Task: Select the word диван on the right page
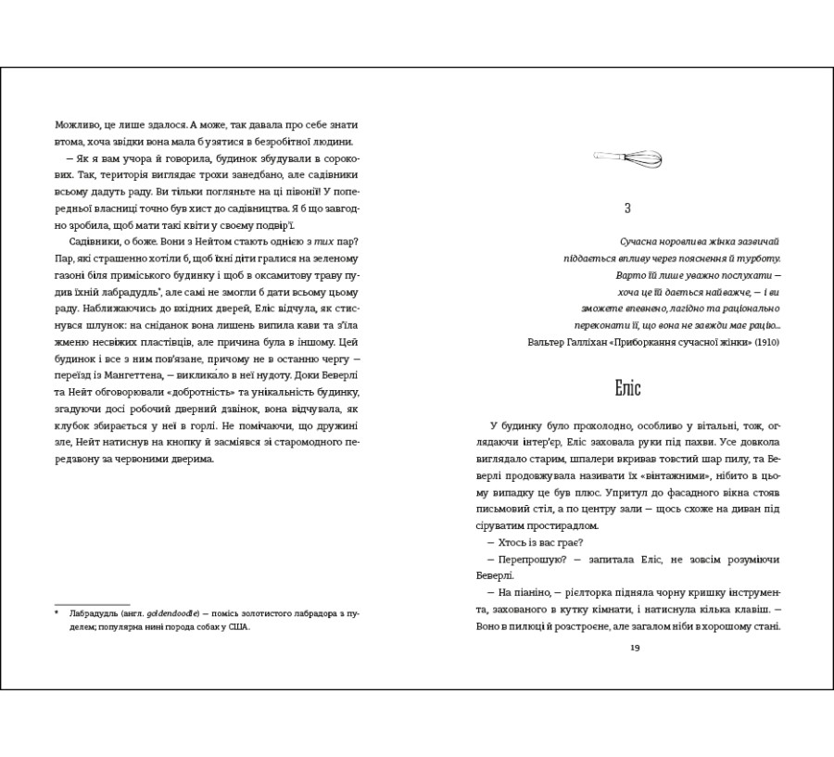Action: coord(750,509)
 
